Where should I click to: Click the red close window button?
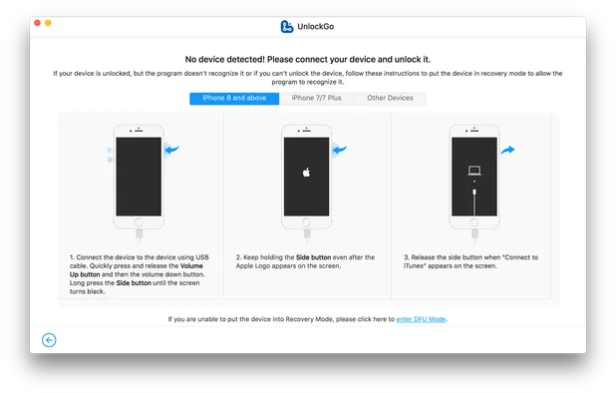[36, 21]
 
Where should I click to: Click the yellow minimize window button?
[48, 21]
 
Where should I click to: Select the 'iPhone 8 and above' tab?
[235, 98]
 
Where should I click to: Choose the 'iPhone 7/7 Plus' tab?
[317, 98]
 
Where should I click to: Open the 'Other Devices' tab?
[390, 98]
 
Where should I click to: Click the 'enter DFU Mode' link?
[422, 319]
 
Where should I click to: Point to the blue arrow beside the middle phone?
[340, 150]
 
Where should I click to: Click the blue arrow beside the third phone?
[507, 150]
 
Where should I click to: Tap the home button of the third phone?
[474, 224]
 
